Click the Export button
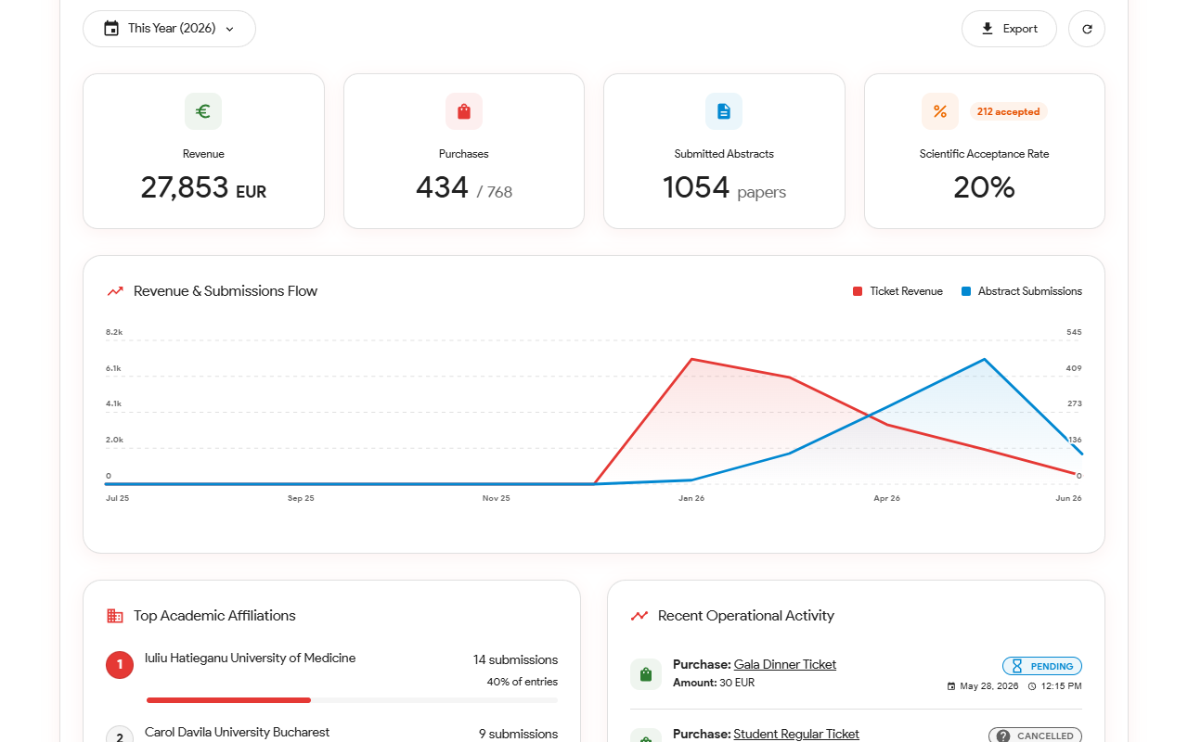click(1009, 29)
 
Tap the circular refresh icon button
click(1087, 29)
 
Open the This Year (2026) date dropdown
click(169, 29)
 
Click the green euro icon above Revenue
click(203, 111)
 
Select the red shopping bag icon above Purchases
click(464, 111)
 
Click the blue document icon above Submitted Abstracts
click(724, 111)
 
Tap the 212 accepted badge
click(1008, 112)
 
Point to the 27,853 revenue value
click(184, 187)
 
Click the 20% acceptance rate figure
click(985, 187)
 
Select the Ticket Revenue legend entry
click(897, 291)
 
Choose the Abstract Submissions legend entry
click(1022, 291)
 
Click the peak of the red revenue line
click(691, 359)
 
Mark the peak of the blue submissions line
click(985, 359)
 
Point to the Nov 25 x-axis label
click(496, 498)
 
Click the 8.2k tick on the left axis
click(114, 332)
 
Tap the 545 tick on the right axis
click(1074, 332)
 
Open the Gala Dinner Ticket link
click(785, 665)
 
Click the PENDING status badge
click(1042, 666)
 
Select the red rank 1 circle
click(120, 665)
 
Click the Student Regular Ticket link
click(796, 734)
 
